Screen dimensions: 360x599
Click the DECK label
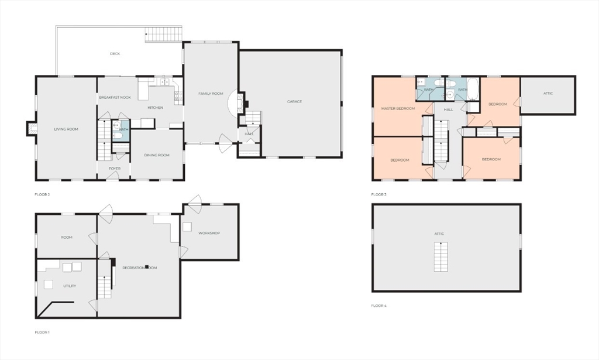point(115,54)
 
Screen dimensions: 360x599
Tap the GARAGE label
point(294,101)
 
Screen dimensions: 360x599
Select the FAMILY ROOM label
point(211,94)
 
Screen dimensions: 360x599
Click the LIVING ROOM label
point(66,129)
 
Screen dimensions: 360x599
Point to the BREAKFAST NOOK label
point(115,97)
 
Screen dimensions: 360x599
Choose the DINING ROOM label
point(157,155)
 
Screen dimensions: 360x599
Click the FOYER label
point(114,169)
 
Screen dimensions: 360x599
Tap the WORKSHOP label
point(209,233)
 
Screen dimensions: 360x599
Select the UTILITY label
point(70,286)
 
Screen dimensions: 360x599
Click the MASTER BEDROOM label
point(398,108)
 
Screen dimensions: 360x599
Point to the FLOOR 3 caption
point(378,194)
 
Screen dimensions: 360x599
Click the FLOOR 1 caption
point(42,332)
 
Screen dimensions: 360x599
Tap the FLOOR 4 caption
point(378,306)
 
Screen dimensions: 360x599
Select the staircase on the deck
point(163,35)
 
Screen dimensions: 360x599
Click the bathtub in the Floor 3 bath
point(473,88)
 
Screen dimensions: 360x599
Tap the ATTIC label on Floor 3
point(548,93)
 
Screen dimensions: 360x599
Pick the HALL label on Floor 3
point(448,109)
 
